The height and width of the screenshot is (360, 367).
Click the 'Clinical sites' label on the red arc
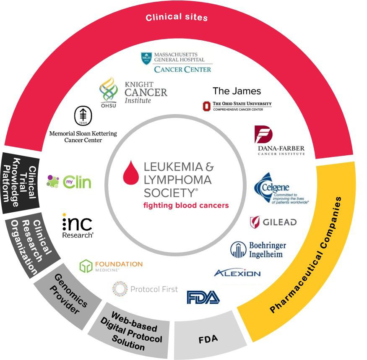click(x=177, y=18)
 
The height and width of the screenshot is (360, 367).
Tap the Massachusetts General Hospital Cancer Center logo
click(x=176, y=62)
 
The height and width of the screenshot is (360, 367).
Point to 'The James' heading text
click(x=237, y=91)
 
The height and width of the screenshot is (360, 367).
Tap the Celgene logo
click(x=281, y=190)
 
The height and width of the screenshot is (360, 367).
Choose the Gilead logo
click(x=273, y=222)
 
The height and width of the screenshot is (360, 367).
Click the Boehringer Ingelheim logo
click(x=257, y=249)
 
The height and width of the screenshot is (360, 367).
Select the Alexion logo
click(x=237, y=273)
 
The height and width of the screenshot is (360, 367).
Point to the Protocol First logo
click(x=145, y=289)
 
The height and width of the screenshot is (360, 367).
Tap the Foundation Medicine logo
click(x=111, y=266)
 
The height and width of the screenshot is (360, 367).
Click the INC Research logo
click(x=78, y=227)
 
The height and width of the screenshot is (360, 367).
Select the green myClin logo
click(x=69, y=182)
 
